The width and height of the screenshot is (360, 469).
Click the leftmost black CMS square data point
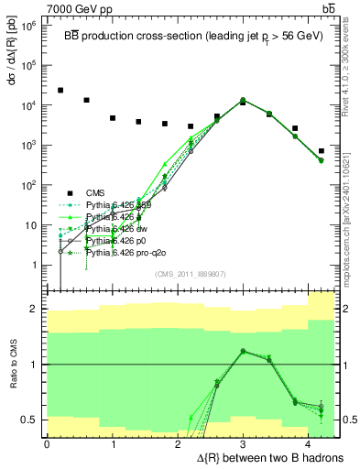point(60,91)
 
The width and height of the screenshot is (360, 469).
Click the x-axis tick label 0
point(47,443)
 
